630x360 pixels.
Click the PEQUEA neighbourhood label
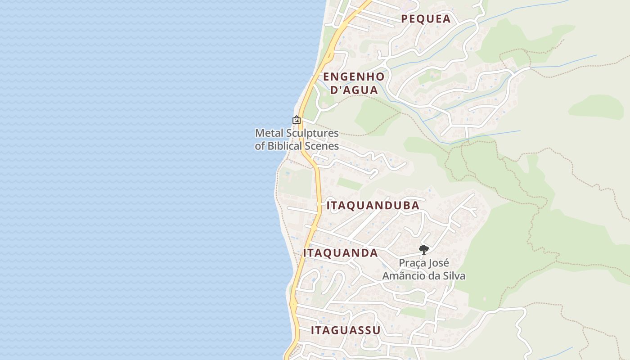[x=426, y=18]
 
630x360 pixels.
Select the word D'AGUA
[x=354, y=90]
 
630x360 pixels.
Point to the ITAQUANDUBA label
[x=373, y=206]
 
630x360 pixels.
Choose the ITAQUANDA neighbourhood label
[x=340, y=253]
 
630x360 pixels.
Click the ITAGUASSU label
[x=346, y=330]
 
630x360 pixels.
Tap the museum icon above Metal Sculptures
[x=297, y=120]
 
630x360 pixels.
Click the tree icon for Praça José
[x=423, y=249]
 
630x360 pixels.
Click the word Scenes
[x=323, y=146]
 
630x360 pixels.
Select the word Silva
[x=453, y=276]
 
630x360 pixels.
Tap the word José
[x=439, y=263]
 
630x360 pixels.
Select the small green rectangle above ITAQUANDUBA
[x=350, y=184]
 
